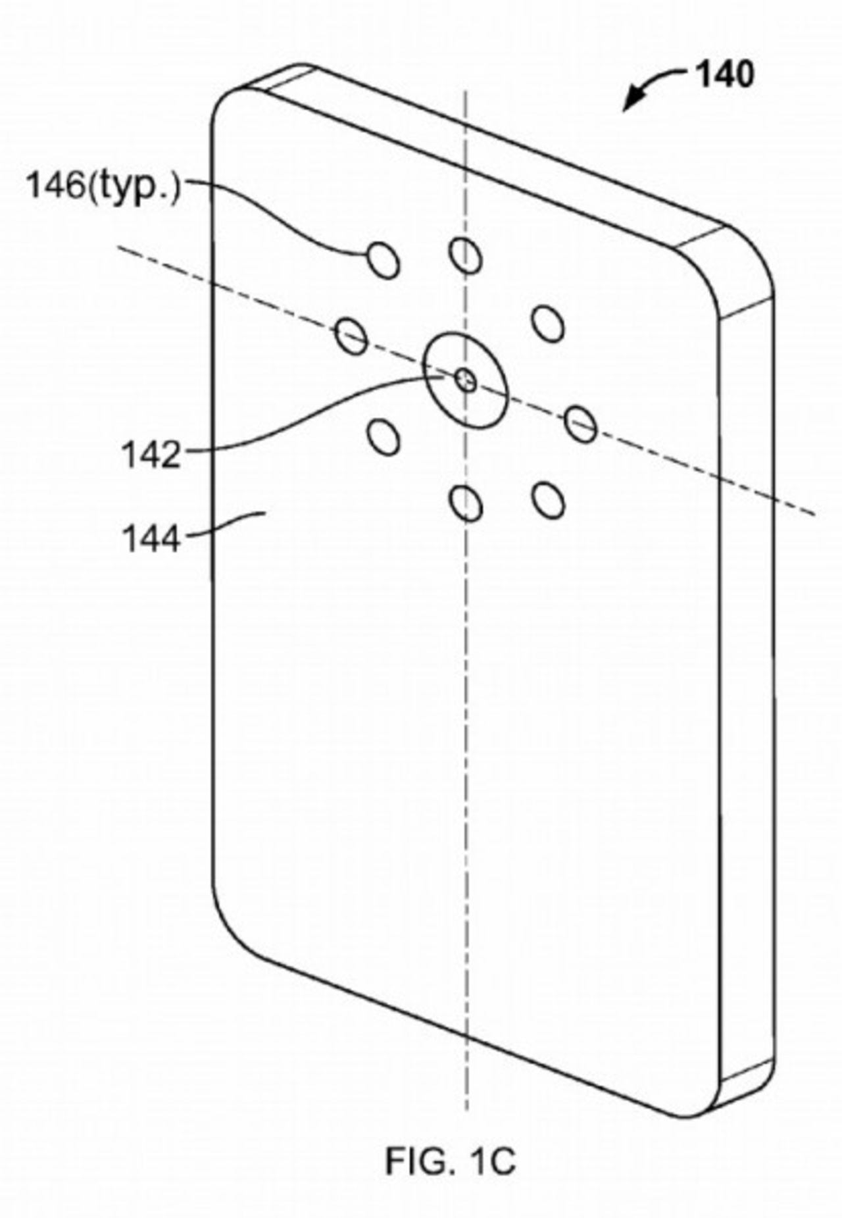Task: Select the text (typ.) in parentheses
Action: click(x=133, y=188)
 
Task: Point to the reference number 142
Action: click(x=151, y=454)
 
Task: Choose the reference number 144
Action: click(x=151, y=539)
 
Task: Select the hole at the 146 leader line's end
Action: click(x=384, y=260)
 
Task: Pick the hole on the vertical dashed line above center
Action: click(x=465, y=255)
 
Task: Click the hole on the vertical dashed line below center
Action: click(x=466, y=504)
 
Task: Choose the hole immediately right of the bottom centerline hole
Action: click(x=548, y=499)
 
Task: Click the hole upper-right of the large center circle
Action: click(x=548, y=323)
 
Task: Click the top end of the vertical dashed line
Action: click(x=466, y=92)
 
